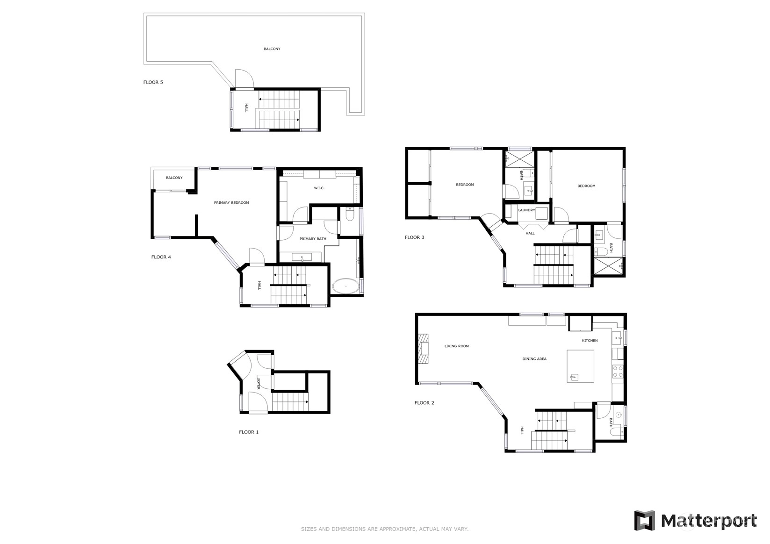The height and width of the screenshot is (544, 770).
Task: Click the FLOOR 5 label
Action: click(x=153, y=82)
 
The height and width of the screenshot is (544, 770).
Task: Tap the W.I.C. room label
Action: click(x=319, y=188)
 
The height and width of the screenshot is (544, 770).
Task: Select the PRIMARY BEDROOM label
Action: click(x=231, y=203)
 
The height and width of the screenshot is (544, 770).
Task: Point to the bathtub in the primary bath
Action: click(x=345, y=286)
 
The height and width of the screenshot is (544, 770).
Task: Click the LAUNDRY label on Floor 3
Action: click(x=526, y=210)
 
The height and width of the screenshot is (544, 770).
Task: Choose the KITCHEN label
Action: click(x=590, y=341)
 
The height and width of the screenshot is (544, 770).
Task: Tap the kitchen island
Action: click(x=580, y=366)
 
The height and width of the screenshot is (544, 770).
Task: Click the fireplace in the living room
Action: click(x=424, y=349)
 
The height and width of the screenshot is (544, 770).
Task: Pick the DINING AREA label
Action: click(x=534, y=359)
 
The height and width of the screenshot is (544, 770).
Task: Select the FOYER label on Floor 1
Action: click(x=259, y=384)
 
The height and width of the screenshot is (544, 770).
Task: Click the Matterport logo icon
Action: click(x=644, y=521)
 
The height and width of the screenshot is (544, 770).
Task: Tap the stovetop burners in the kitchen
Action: click(x=618, y=372)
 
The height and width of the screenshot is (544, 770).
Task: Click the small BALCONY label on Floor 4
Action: click(x=174, y=178)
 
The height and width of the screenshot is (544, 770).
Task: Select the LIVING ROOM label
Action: click(x=456, y=346)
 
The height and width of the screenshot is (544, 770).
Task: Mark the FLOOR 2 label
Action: click(x=424, y=403)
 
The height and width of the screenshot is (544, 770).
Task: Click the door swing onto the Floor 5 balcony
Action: click(x=245, y=79)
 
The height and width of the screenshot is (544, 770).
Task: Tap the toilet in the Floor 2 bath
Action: click(x=619, y=432)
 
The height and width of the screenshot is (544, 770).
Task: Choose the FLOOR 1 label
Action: click(x=249, y=432)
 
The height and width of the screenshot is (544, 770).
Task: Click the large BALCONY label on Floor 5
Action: click(x=272, y=49)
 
